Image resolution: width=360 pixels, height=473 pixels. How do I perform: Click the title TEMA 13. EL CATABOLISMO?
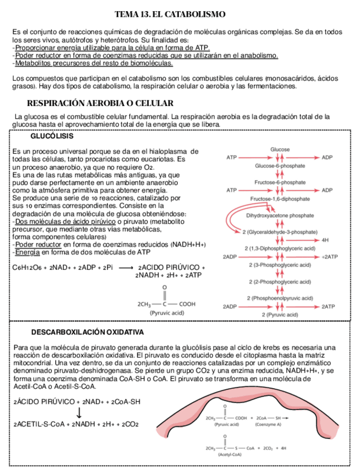[170, 13]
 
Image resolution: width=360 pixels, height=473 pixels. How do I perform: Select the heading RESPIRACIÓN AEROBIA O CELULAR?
[100, 104]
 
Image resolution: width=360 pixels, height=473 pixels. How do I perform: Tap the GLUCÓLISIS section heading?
[51, 137]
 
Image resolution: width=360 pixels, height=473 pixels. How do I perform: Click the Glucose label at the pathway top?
[280, 149]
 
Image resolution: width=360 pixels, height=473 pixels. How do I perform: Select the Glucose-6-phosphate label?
[280, 166]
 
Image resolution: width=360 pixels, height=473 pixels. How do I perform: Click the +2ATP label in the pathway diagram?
[330, 257]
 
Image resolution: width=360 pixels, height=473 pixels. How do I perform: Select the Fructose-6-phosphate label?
[280, 182]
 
